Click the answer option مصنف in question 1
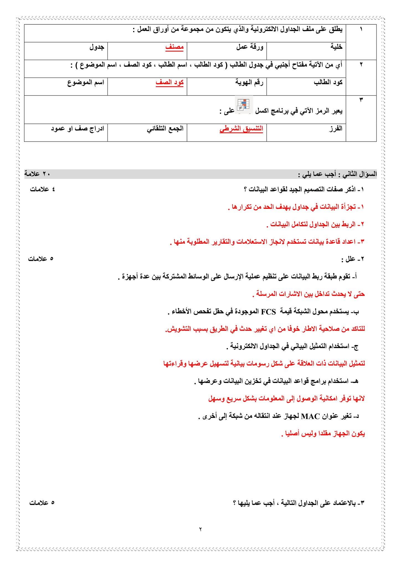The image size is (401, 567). (174, 47)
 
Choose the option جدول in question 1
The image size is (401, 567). (97, 47)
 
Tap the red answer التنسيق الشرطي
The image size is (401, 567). (241, 129)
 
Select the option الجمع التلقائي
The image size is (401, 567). (165, 129)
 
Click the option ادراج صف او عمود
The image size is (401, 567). (77, 129)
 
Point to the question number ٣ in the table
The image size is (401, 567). (361, 100)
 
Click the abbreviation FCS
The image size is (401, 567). (268, 312)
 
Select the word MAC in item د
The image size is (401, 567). (310, 416)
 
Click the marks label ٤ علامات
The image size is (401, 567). (42, 189)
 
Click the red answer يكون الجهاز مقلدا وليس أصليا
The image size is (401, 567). (323, 434)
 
